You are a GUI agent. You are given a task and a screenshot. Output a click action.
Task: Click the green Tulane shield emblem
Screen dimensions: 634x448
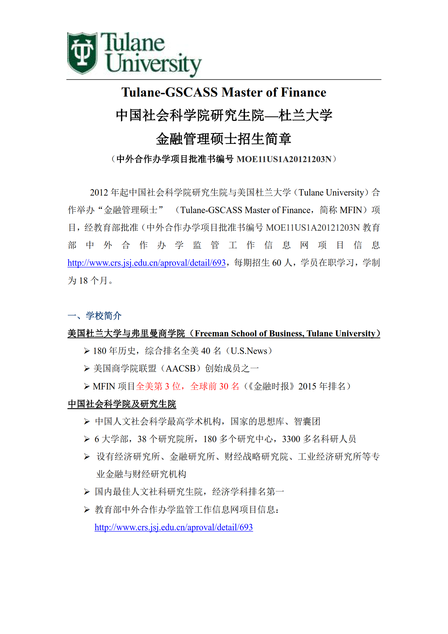tap(82, 53)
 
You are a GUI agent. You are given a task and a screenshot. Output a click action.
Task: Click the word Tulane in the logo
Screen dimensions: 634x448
tap(132, 43)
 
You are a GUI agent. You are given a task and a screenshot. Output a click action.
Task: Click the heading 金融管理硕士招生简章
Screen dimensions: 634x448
tap(224, 139)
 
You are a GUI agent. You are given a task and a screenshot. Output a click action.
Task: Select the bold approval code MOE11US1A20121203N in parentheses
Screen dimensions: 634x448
tap(284, 159)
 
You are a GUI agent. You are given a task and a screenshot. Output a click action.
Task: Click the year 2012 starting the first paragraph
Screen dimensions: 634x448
tap(99, 193)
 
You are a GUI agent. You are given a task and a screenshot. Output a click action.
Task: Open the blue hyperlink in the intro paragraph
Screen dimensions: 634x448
tap(146, 263)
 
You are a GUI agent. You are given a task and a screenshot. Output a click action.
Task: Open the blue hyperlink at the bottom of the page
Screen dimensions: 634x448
tap(174, 527)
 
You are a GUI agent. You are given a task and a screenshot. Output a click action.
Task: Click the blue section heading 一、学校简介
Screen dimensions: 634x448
tap(95, 316)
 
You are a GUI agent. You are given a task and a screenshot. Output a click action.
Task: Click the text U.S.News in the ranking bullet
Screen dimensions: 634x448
tap(249, 351)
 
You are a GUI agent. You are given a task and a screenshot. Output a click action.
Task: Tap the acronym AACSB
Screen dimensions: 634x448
tap(181, 369)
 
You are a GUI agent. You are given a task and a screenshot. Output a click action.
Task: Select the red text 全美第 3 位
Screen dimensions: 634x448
tap(158, 386)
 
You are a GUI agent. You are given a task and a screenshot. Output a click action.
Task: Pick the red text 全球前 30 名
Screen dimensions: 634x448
tap(215, 386)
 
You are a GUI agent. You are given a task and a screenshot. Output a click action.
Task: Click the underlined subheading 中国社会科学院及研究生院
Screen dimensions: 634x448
tap(122, 404)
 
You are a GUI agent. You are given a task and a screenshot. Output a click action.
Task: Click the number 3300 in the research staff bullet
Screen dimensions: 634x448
tap(291, 439)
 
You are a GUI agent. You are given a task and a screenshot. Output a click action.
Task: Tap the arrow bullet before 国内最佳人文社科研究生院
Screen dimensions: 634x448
tap(87, 492)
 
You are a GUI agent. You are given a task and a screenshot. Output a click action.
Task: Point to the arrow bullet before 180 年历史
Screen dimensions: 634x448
tap(87, 351)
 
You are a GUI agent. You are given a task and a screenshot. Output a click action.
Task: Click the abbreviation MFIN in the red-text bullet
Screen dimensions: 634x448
tap(104, 386)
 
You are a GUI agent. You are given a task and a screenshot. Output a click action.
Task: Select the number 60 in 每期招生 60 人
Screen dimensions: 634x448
tap(276, 263)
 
